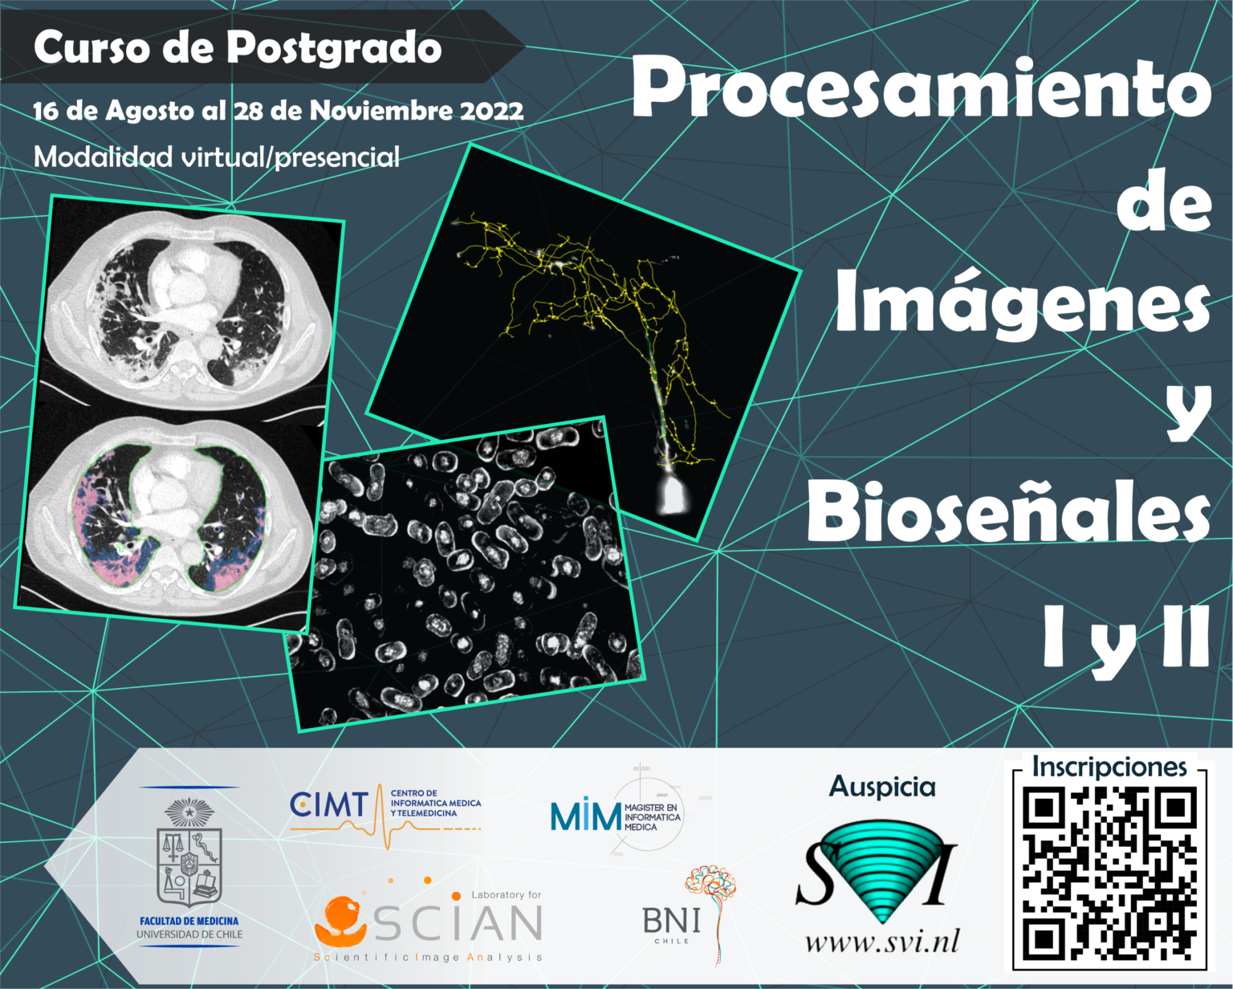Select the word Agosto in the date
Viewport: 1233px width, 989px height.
151,112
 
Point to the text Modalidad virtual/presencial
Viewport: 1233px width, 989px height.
217,157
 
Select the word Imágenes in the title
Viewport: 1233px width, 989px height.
1022,303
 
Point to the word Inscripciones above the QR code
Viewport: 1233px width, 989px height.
1109,767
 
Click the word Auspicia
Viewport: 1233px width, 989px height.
881,786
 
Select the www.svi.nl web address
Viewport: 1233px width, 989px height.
881,941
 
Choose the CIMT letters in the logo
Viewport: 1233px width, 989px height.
329,804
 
